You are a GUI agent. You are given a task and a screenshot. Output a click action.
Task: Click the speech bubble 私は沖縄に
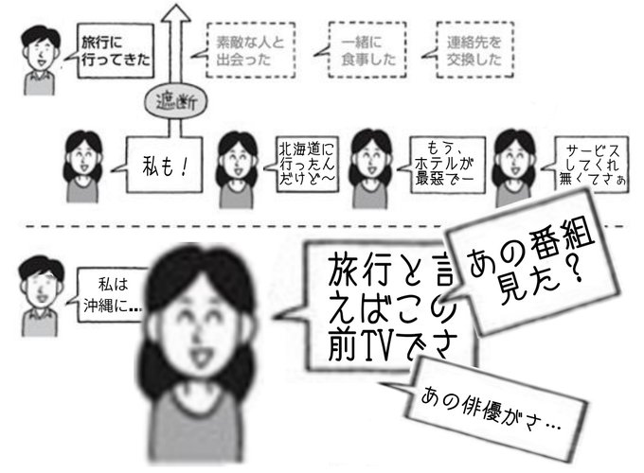pyautogui.click(x=112, y=297)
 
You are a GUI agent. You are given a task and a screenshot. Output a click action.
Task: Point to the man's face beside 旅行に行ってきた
pyautogui.click(x=39, y=51)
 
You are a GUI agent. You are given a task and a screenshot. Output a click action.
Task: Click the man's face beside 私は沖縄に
pyautogui.click(x=38, y=284)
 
